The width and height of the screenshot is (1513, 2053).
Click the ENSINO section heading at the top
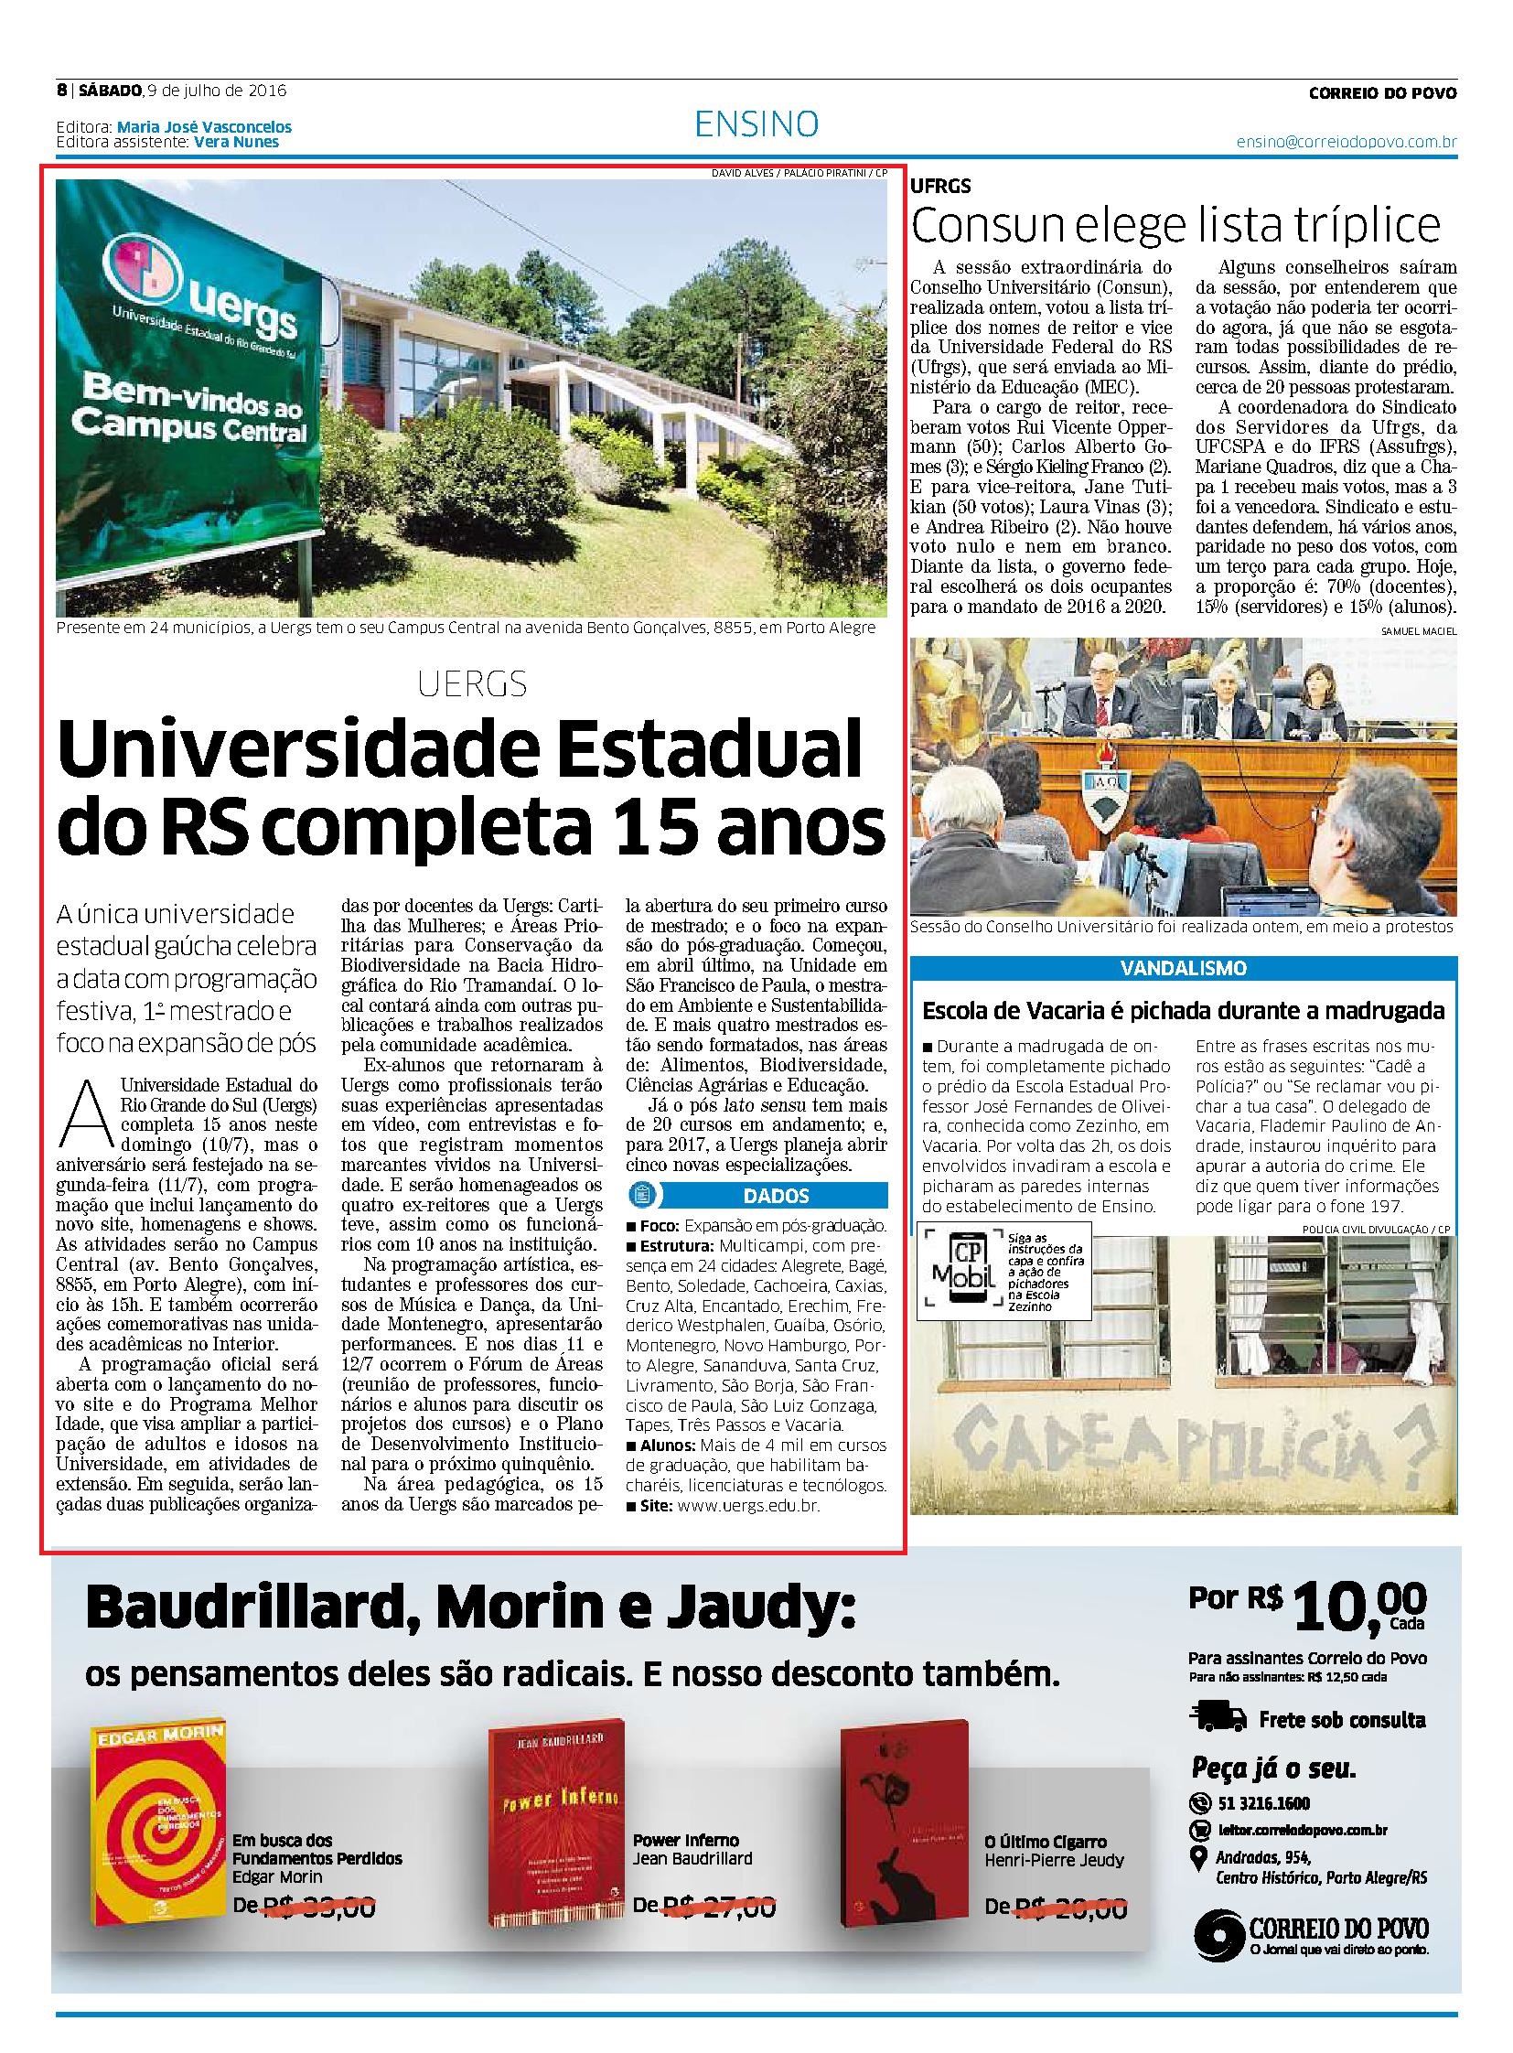pos(756,123)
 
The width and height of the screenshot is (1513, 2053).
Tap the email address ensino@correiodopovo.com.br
pos(1347,143)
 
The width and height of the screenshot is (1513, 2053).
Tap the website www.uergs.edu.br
pos(748,1505)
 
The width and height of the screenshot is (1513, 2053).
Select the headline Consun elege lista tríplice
pos(1176,225)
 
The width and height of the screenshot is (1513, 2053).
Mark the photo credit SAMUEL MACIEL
pos(1419,631)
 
